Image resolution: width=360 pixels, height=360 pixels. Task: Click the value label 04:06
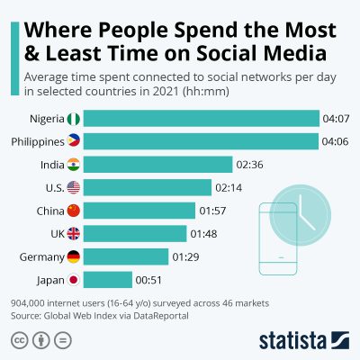click(x=335, y=141)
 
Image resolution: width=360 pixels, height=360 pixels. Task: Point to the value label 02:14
click(x=229, y=187)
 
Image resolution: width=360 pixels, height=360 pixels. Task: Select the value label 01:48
click(x=201, y=234)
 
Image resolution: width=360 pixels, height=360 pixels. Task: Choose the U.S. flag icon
click(x=74, y=187)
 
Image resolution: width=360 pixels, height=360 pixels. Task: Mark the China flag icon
click(x=74, y=211)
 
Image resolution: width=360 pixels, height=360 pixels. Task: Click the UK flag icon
click(x=74, y=234)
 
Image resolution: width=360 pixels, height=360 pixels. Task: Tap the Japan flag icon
click(x=74, y=280)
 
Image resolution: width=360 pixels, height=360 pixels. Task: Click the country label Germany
click(x=40, y=256)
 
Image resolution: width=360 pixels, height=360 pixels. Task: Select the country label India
click(x=51, y=164)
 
